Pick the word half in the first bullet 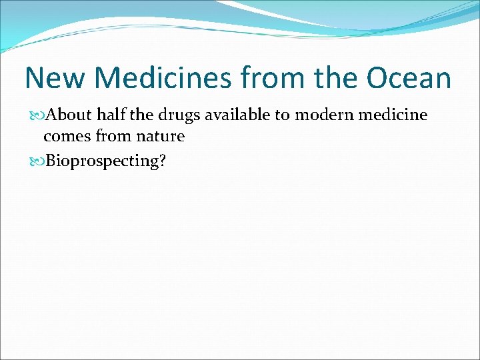point(112,115)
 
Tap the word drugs point(179,115)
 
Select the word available point(237,115)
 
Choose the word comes point(65,137)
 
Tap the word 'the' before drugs point(141,115)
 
